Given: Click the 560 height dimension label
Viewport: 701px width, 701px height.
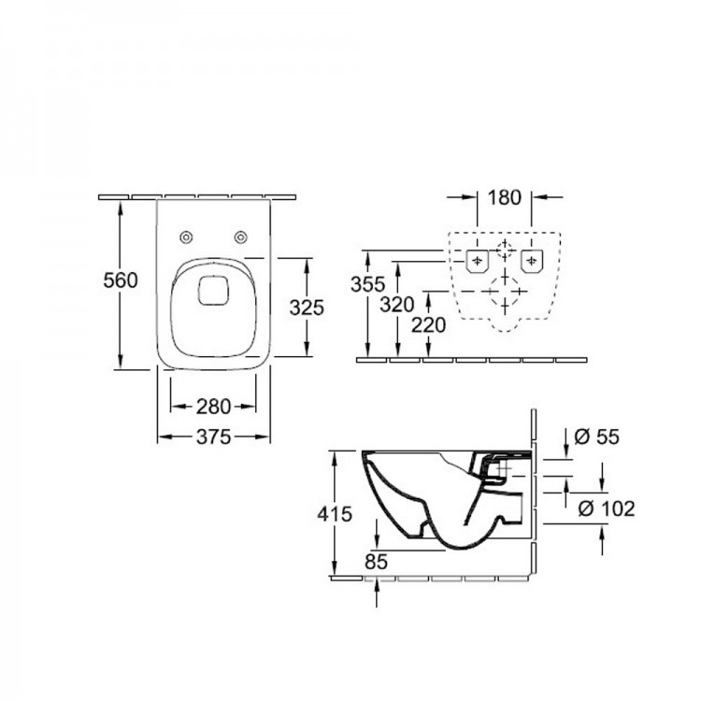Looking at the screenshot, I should click(x=121, y=279).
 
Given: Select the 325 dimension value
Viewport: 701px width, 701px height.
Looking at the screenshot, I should click(x=308, y=306).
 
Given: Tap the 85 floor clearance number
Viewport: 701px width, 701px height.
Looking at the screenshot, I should click(x=377, y=563).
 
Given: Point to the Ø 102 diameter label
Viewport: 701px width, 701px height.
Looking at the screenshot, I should click(x=608, y=508).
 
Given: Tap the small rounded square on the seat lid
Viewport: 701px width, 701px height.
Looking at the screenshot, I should click(x=213, y=290).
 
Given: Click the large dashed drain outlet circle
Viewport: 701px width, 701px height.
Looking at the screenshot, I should click(x=505, y=299).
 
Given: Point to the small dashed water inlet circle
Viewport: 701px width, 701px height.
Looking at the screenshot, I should click(x=505, y=249).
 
